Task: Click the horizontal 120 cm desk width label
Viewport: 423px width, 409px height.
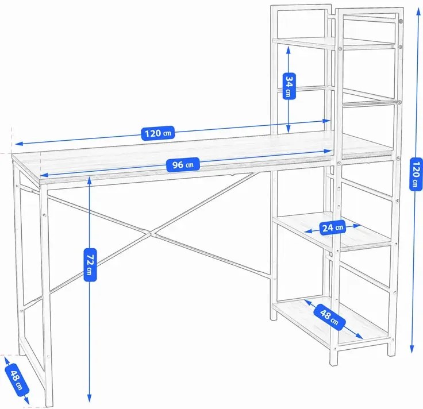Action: point(158,133)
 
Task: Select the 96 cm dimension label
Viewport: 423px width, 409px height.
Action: point(183,164)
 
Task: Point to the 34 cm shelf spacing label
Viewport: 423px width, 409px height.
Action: point(289,86)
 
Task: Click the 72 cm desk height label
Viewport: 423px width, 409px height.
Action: point(90,265)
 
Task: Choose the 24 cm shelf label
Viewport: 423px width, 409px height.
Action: point(333,227)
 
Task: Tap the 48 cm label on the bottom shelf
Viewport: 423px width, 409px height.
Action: point(330,317)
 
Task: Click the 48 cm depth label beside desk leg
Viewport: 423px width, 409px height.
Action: point(17,379)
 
